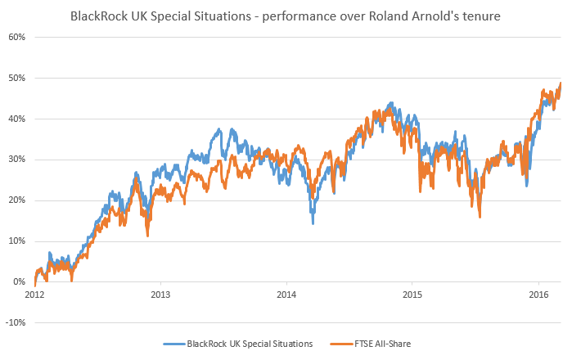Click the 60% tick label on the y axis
click(x=18, y=37)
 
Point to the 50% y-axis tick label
click(x=18, y=78)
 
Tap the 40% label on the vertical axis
click(x=18, y=119)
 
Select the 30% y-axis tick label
click(x=18, y=160)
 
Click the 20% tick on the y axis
click(x=18, y=200)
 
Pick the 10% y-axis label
click(x=18, y=241)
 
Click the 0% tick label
click(x=20, y=282)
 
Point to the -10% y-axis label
click(x=16, y=322)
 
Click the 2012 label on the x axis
click(x=34, y=294)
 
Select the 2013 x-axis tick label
click(x=160, y=294)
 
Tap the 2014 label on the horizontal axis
click(x=286, y=294)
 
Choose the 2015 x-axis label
click(x=412, y=294)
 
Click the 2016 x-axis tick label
click(x=538, y=294)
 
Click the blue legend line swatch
click(x=175, y=344)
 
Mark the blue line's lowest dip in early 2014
click(x=312, y=223)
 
